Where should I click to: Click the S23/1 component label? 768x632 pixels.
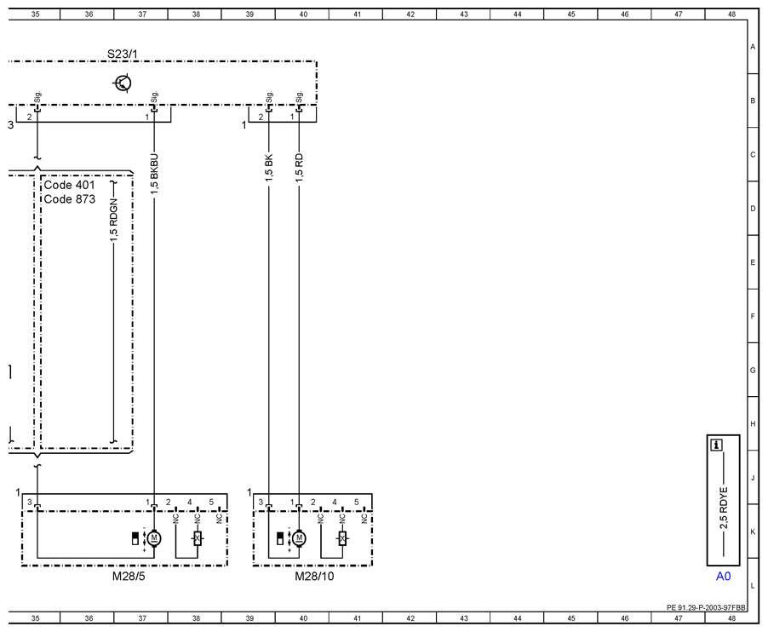[x=123, y=54]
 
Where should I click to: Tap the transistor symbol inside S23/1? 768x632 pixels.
[x=123, y=83]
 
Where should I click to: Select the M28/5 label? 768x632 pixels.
[x=129, y=576]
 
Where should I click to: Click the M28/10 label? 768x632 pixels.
[x=314, y=576]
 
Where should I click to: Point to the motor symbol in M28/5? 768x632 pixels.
[x=154, y=538]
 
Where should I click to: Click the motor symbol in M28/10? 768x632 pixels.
[x=299, y=538]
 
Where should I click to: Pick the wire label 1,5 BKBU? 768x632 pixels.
[x=154, y=175]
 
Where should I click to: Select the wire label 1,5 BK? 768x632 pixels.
[x=269, y=168]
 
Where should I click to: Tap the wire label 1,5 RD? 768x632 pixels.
[x=299, y=168]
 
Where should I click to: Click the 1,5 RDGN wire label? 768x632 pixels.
[x=113, y=220]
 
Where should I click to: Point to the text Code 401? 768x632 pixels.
[x=69, y=185]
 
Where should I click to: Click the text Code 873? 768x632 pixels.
[x=69, y=199]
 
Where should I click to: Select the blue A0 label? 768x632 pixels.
[x=724, y=576]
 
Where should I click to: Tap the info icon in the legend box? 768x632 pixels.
[x=717, y=445]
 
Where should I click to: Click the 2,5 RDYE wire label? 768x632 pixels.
[x=724, y=508]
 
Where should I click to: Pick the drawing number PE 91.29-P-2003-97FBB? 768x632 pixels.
[x=706, y=607]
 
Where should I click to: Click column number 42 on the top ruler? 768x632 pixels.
[x=410, y=14]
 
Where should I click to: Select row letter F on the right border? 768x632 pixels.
[x=753, y=317]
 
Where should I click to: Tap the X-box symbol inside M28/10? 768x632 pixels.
[x=342, y=538]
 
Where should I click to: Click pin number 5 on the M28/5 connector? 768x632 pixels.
[x=211, y=503]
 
